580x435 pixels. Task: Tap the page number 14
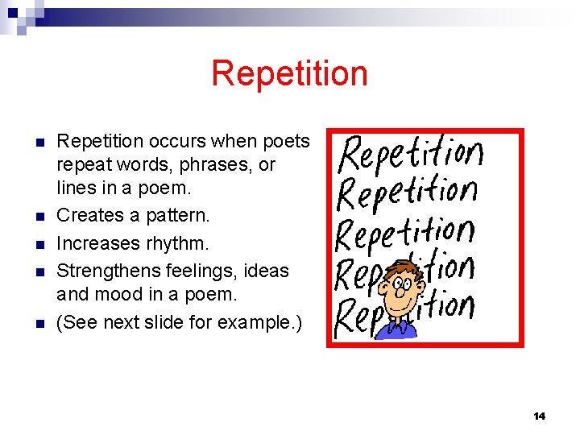click(540, 416)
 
